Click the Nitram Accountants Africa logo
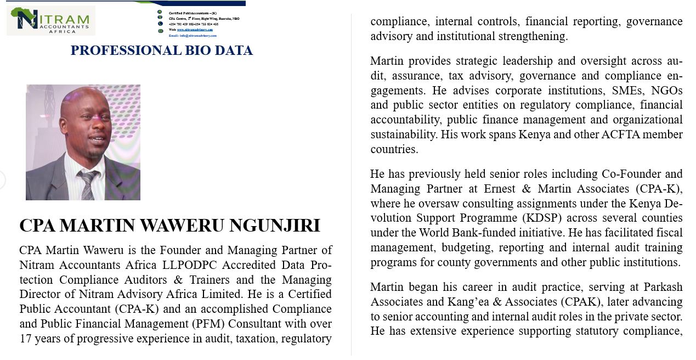50,20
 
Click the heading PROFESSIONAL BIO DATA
162,50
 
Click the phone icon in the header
160,24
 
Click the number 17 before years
25,339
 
